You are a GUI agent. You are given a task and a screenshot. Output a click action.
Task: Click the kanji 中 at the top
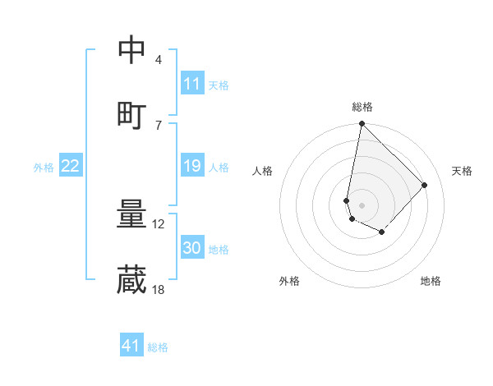click(x=132, y=50)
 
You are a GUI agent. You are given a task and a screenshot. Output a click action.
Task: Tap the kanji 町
click(x=132, y=115)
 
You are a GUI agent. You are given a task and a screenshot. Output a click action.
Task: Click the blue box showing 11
click(x=192, y=84)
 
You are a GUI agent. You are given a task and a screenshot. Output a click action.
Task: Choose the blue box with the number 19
click(x=192, y=167)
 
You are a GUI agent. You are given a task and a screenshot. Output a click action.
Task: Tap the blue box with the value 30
click(x=192, y=249)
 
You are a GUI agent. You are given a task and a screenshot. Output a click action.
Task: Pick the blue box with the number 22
click(x=71, y=167)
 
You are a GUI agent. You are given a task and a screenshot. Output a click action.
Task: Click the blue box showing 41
click(x=131, y=346)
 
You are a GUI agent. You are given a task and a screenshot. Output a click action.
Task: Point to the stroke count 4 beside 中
click(x=158, y=60)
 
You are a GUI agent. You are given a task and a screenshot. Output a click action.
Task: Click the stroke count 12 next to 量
click(x=159, y=224)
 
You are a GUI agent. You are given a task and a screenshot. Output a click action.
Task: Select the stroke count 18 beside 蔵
click(x=159, y=289)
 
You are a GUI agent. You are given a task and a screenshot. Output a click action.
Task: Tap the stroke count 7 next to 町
click(x=158, y=124)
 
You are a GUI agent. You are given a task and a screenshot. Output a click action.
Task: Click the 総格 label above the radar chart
click(x=362, y=107)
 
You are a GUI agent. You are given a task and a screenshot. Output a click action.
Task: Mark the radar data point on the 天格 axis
click(x=425, y=185)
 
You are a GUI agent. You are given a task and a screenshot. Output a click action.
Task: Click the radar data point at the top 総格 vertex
click(x=362, y=124)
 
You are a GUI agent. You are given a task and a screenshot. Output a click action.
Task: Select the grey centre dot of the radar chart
click(x=362, y=204)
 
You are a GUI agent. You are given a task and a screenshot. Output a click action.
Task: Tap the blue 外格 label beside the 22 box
click(x=44, y=168)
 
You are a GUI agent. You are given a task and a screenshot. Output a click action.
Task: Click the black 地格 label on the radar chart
click(x=431, y=282)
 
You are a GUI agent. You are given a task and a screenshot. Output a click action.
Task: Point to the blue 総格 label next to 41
click(x=158, y=347)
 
